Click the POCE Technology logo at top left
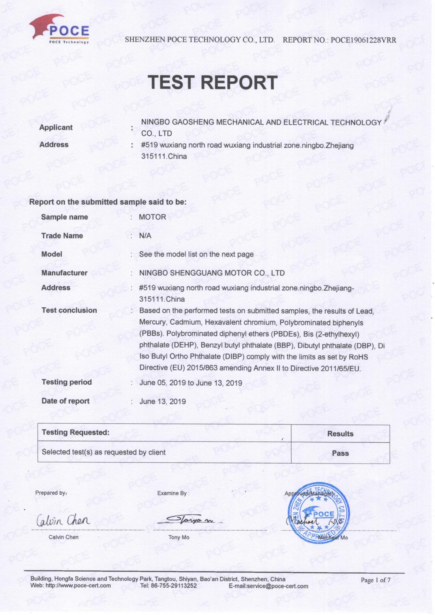(x=59, y=30)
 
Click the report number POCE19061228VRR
(x=363, y=40)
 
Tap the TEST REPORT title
(x=213, y=82)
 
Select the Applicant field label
(x=56, y=127)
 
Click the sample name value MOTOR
(x=152, y=217)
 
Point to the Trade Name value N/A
(x=145, y=236)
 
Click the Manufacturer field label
(x=64, y=273)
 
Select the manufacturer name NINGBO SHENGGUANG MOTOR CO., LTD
(x=212, y=273)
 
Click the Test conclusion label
(x=69, y=310)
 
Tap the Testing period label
(x=66, y=382)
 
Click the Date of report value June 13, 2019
(x=163, y=401)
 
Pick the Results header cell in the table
(x=340, y=434)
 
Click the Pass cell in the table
(x=340, y=453)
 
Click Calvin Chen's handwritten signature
(x=64, y=521)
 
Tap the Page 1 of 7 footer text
(x=375, y=579)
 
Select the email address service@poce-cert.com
(x=277, y=586)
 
